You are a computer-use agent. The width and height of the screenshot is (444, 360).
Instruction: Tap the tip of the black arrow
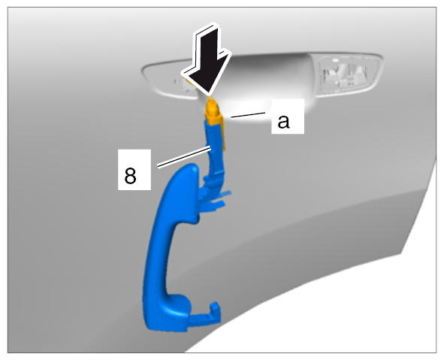point(209,93)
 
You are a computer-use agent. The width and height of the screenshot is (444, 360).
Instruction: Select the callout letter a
point(283,122)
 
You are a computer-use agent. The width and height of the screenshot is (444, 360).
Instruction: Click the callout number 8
point(130,176)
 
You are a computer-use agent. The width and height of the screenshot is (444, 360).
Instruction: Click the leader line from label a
point(247,115)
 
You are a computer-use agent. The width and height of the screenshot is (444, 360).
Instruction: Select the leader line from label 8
point(184,156)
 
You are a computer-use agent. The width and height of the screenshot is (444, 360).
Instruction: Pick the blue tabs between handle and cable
point(215,198)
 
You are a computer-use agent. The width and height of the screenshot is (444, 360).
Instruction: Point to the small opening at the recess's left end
point(184,84)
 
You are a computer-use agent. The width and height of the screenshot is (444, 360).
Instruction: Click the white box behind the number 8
point(134,170)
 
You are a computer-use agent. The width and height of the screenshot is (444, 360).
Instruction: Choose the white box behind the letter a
point(288,116)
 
